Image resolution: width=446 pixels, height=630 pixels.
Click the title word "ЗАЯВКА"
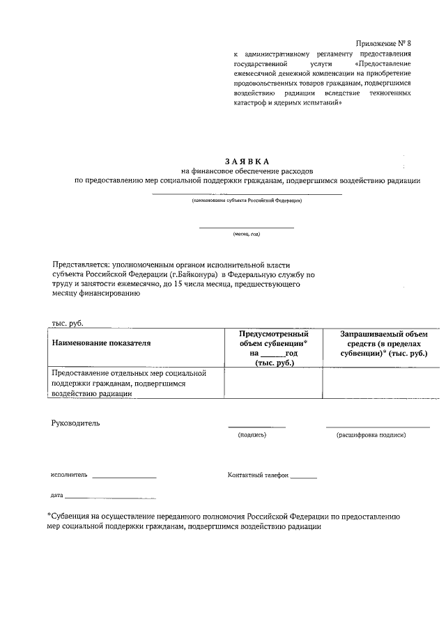[x=247, y=161]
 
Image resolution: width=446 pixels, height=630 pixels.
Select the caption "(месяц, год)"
[x=247, y=234]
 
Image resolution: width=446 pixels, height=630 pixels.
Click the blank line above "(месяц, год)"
[x=247, y=227]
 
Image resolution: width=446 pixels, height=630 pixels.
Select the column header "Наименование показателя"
[x=101, y=342]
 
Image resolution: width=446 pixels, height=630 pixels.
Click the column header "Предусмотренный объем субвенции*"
[x=273, y=339]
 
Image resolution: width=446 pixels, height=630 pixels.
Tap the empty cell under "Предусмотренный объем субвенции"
[x=273, y=382]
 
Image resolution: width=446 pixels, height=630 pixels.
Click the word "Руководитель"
[x=76, y=423]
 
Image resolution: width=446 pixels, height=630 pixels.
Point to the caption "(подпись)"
[x=252, y=434]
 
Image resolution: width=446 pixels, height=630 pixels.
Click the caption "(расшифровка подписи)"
[x=371, y=434]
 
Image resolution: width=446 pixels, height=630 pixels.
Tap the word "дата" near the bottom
[x=56, y=496]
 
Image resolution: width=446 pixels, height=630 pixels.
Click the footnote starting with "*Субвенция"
[x=223, y=521]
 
